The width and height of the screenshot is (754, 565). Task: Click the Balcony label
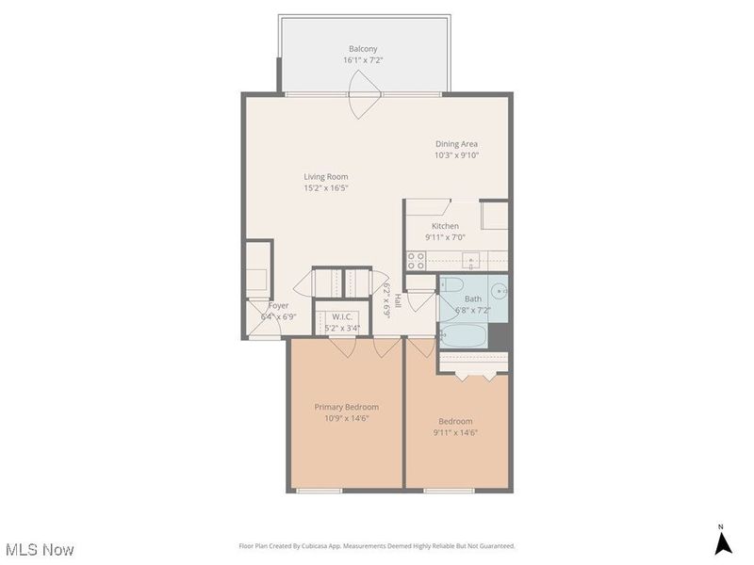point(363,49)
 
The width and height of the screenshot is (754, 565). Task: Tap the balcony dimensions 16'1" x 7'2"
point(363,60)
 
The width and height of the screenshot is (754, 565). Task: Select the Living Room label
point(325,176)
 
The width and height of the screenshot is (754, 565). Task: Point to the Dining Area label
point(456,144)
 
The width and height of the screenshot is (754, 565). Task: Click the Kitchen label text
point(445,226)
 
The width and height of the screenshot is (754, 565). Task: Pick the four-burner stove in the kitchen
point(416,261)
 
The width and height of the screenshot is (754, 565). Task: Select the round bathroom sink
point(499,290)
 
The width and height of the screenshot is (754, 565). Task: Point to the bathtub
point(463,335)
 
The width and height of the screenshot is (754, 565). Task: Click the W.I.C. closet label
point(341,317)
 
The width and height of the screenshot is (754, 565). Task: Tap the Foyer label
point(278,306)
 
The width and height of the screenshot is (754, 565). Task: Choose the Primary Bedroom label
point(346,407)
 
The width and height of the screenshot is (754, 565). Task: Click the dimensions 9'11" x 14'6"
point(455,432)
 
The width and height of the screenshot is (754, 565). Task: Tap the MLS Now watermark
point(40,549)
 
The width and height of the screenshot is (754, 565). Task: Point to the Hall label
point(398,301)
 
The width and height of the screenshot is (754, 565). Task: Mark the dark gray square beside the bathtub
point(500,335)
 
